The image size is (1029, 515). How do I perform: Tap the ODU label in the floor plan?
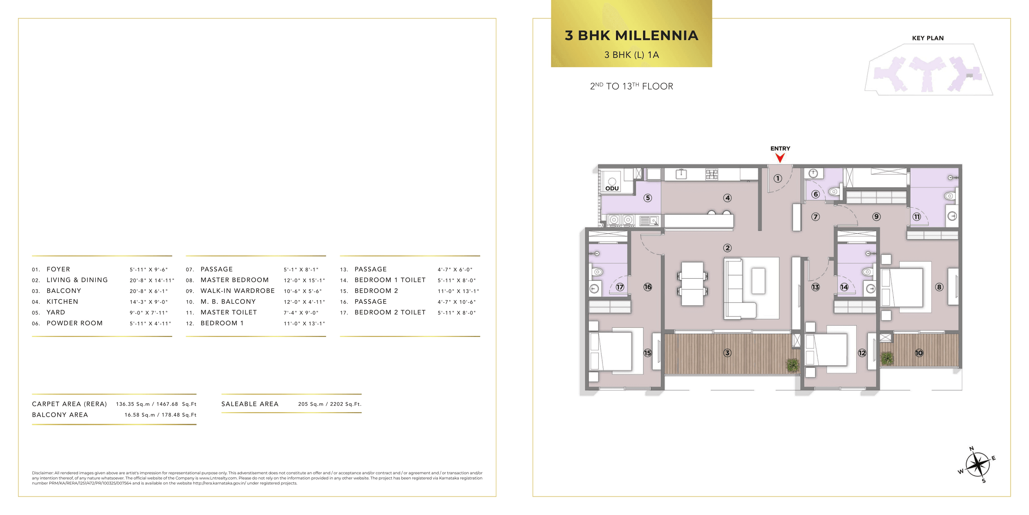[612, 188]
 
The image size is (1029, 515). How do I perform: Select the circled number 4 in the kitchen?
[728, 198]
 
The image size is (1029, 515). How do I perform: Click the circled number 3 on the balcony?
[728, 353]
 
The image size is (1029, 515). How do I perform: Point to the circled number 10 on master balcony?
[919, 353]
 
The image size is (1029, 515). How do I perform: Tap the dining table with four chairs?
[692, 284]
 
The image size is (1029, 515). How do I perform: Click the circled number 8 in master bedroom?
[939, 287]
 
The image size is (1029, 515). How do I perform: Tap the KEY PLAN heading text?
[927, 38]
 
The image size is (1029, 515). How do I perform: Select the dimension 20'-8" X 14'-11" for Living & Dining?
[152, 280]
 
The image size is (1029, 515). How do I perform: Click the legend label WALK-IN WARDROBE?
[238, 291]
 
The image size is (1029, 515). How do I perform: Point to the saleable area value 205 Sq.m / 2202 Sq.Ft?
[330, 404]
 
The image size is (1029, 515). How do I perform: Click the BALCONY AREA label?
[60, 415]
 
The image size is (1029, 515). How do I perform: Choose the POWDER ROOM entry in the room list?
[75, 323]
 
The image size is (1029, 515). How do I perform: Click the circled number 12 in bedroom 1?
[862, 353]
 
